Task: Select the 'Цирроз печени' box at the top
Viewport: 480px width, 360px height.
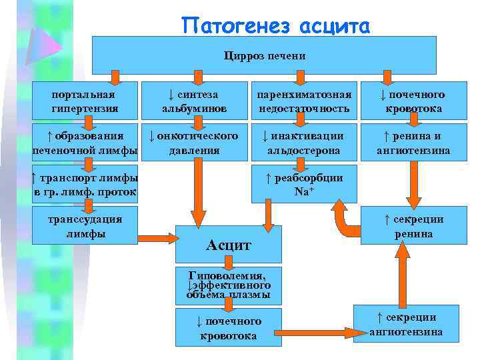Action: click(x=263, y=55)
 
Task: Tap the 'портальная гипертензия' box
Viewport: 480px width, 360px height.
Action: click(x=84, y=101)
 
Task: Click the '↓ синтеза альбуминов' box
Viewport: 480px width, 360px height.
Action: click(x=194, y=101)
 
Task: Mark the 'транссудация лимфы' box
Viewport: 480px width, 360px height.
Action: click(x=84, y=227)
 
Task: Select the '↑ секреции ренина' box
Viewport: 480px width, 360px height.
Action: click(x=413, y=227)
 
